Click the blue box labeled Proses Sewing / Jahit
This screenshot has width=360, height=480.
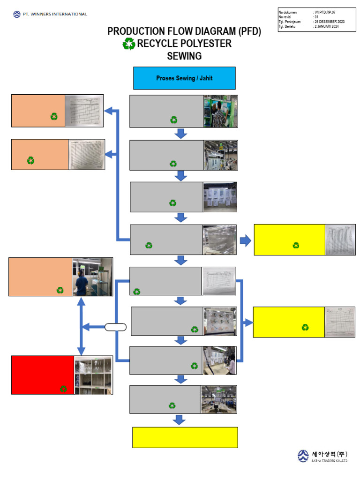coord(184,78)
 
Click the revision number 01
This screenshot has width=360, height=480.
coord(316,17)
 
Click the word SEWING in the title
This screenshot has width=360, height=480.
coord(184,56)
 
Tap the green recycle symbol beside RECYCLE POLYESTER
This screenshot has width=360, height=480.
coord(128,44)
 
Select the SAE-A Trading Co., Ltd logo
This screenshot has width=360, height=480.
coord(323,456)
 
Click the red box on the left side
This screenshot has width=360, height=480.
coord(43,375)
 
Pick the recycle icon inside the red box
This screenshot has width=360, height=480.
coord(63,389)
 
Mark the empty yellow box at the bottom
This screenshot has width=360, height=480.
coord(185,437)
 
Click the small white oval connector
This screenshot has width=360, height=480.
coord(116,327)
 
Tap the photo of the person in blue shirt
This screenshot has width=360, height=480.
coord(92,277)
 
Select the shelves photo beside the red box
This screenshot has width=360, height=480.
coord(93,375)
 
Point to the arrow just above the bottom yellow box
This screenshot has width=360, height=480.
coord(180,420)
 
